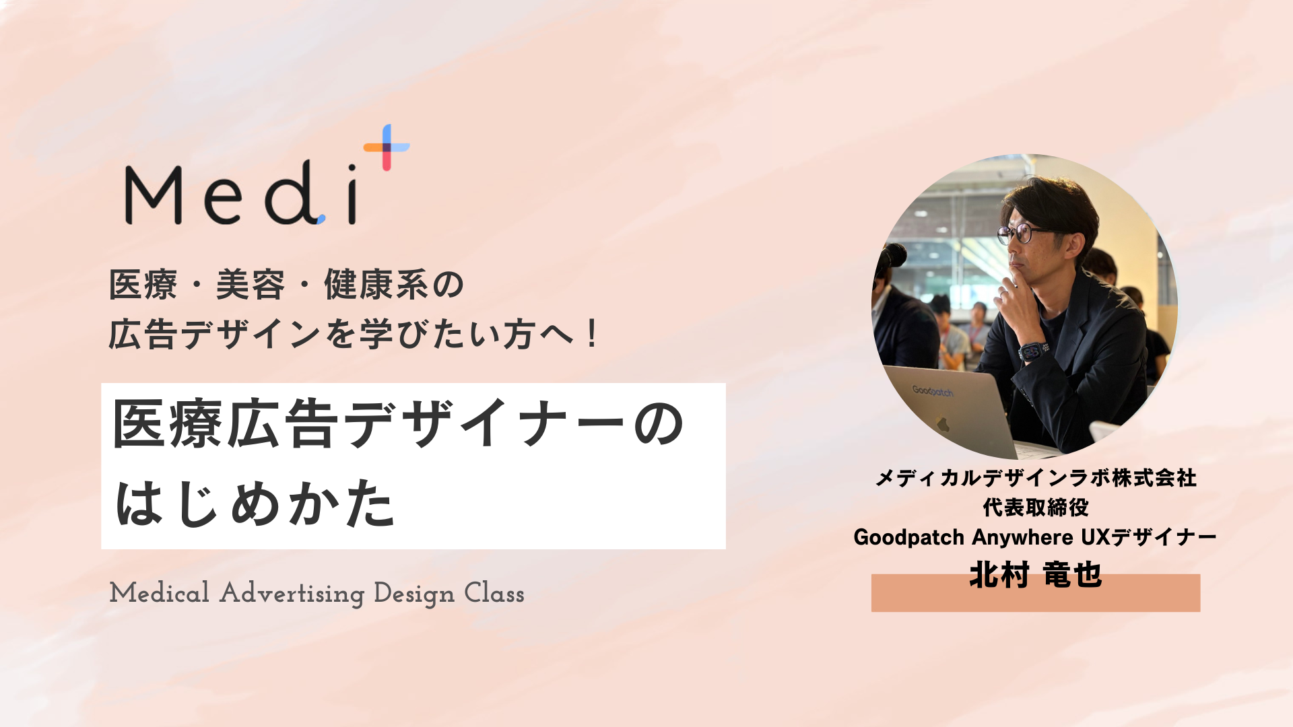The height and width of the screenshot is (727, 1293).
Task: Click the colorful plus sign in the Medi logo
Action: coord(387,147)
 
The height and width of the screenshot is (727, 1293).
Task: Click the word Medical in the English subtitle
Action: coord(160,594)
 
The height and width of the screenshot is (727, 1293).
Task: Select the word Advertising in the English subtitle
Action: coord(292,594)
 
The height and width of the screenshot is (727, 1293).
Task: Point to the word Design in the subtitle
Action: coord(413,594)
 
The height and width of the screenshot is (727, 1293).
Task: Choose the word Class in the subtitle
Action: coord(494,594)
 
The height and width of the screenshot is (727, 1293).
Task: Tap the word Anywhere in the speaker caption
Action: coord(1022,537)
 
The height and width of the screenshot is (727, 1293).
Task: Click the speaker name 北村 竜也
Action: coord(1035,576)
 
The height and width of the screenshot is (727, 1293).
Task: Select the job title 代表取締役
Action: coord(1035,507)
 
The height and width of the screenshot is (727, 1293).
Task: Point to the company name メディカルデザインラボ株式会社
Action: coord(1035,478)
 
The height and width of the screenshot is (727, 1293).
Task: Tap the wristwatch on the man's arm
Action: coord(1034,351)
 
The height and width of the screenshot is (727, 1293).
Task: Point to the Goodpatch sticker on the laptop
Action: coord(933,391)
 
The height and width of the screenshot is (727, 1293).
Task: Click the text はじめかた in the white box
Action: coord(255,504)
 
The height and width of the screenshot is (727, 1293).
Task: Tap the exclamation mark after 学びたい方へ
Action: coord(592,334)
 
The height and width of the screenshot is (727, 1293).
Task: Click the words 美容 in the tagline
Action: coord(250,285)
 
